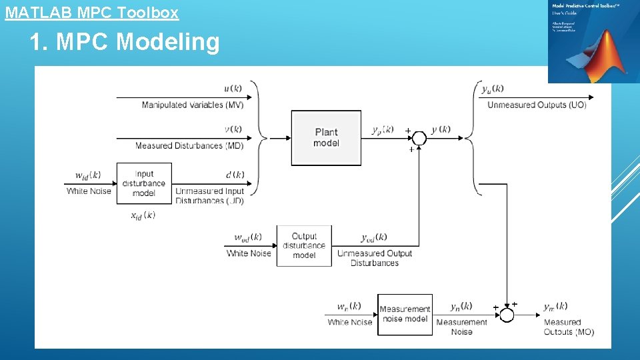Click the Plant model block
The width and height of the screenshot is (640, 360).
click(326, 138)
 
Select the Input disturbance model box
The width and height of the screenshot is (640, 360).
click(144, 183)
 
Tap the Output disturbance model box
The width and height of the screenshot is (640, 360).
click(304, 246)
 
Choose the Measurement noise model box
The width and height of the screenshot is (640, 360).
click(405, 314)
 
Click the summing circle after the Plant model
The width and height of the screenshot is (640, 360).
click(418, 138)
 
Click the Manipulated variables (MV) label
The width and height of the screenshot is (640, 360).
click(193, 105)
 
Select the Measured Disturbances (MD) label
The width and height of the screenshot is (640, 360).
click(189, 145)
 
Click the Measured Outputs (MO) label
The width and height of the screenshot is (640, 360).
click(568, 327)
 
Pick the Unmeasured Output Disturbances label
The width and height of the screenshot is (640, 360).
click(375, 258)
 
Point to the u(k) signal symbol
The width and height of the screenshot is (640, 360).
click(233, 89)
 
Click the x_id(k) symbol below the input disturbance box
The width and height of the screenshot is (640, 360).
click(143, 215)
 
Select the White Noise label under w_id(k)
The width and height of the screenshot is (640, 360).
click(89, 191)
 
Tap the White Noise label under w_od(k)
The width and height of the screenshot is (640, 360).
click(249, 253)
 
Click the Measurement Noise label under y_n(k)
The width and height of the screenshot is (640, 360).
click(461, 327)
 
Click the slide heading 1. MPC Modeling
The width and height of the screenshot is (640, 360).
click(124, 42)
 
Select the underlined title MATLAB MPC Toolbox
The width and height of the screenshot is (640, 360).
click(92, 12)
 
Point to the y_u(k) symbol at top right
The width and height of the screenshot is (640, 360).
click(493, 89)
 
